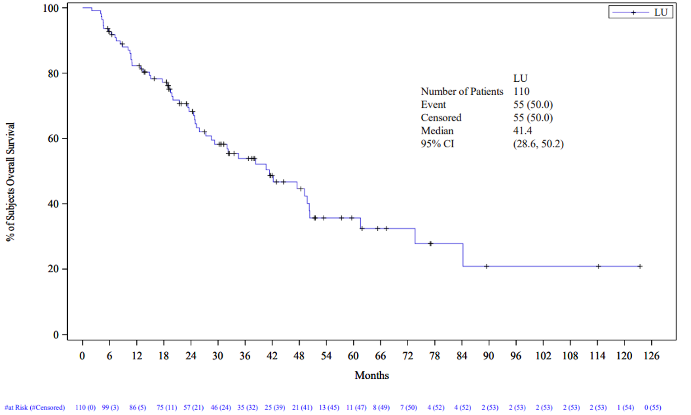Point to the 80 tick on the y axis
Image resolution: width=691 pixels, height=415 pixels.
click(53, 74)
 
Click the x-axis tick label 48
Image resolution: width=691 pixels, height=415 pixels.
click(299, 356)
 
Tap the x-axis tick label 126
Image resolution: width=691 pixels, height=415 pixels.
click(651, 356)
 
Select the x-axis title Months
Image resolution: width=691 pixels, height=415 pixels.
click(371, 375)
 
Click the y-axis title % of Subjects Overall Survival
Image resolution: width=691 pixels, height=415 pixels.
click(10, 182)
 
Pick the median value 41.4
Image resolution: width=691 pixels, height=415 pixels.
click(522, 131)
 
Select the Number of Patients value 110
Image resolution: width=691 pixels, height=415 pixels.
click(521, 92)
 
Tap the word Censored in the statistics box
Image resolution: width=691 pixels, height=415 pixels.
click(441, 118)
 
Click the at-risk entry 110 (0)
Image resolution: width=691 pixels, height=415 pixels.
click(85, 407)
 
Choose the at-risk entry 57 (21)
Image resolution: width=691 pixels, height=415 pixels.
click(193, 407)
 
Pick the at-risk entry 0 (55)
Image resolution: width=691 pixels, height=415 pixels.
click(652, 407)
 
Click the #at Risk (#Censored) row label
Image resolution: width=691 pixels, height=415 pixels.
click(35, 407)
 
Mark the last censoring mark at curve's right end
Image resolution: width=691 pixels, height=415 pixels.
click(640, 266)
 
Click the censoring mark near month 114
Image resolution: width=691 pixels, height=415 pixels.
click(598, 266)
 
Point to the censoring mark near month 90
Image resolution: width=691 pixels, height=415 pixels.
click(486, 266)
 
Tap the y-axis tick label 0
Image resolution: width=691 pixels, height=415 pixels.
click(56, 335)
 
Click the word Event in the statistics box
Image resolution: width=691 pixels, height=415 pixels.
click(433, 105)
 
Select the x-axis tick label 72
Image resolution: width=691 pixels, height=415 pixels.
click(407, 356)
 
